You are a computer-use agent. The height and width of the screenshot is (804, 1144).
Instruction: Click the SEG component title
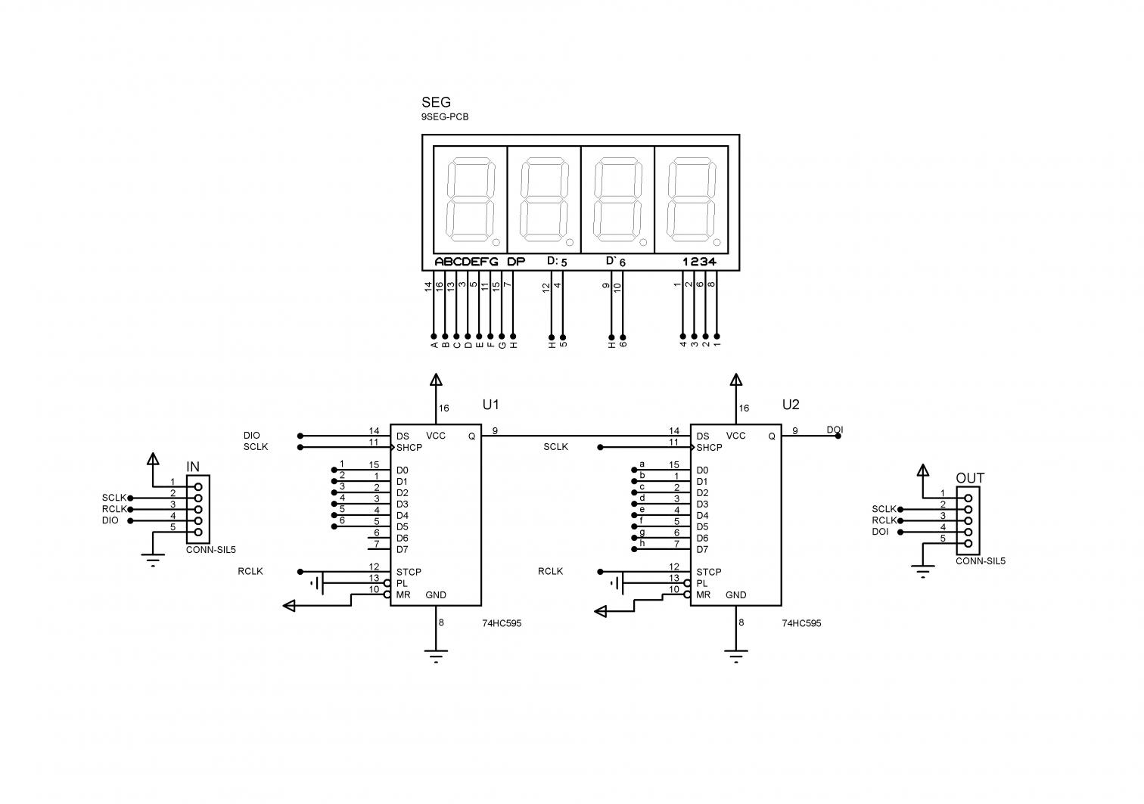tap(435, 103)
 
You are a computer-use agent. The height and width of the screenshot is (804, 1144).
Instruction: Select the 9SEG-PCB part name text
tap(444, 117)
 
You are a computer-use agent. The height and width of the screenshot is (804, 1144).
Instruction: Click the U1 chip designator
tap(490, 405)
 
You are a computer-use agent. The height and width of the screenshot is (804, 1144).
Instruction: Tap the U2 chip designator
tap(791, 405)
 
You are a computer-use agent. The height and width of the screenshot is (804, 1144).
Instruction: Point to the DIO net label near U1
tap(252, 436)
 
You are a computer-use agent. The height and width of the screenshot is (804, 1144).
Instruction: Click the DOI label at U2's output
tap(835, 430)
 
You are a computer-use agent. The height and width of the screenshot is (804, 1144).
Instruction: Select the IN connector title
tap(193, 467)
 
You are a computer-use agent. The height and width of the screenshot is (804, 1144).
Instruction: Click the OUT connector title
tap(970, 478)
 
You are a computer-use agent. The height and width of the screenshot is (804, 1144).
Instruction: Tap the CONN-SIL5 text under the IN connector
tap(205, 550)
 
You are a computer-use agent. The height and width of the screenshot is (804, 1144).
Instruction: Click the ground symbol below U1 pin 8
tap(435, 655)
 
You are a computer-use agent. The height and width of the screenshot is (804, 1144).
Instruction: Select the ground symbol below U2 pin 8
tap(735, 655)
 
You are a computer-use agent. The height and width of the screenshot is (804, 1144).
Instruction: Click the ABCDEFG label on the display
tap(466, 262)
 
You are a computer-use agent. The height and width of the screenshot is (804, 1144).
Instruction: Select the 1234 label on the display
tap(699, 262)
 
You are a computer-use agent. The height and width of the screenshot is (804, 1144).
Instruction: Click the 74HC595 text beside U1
tap(502, 624)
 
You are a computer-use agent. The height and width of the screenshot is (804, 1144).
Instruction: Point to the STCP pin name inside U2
tap(708, 573)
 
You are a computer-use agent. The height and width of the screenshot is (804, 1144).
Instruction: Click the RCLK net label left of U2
tap(550, 572)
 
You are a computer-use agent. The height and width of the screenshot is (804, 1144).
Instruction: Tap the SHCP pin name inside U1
tap(409, 448)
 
